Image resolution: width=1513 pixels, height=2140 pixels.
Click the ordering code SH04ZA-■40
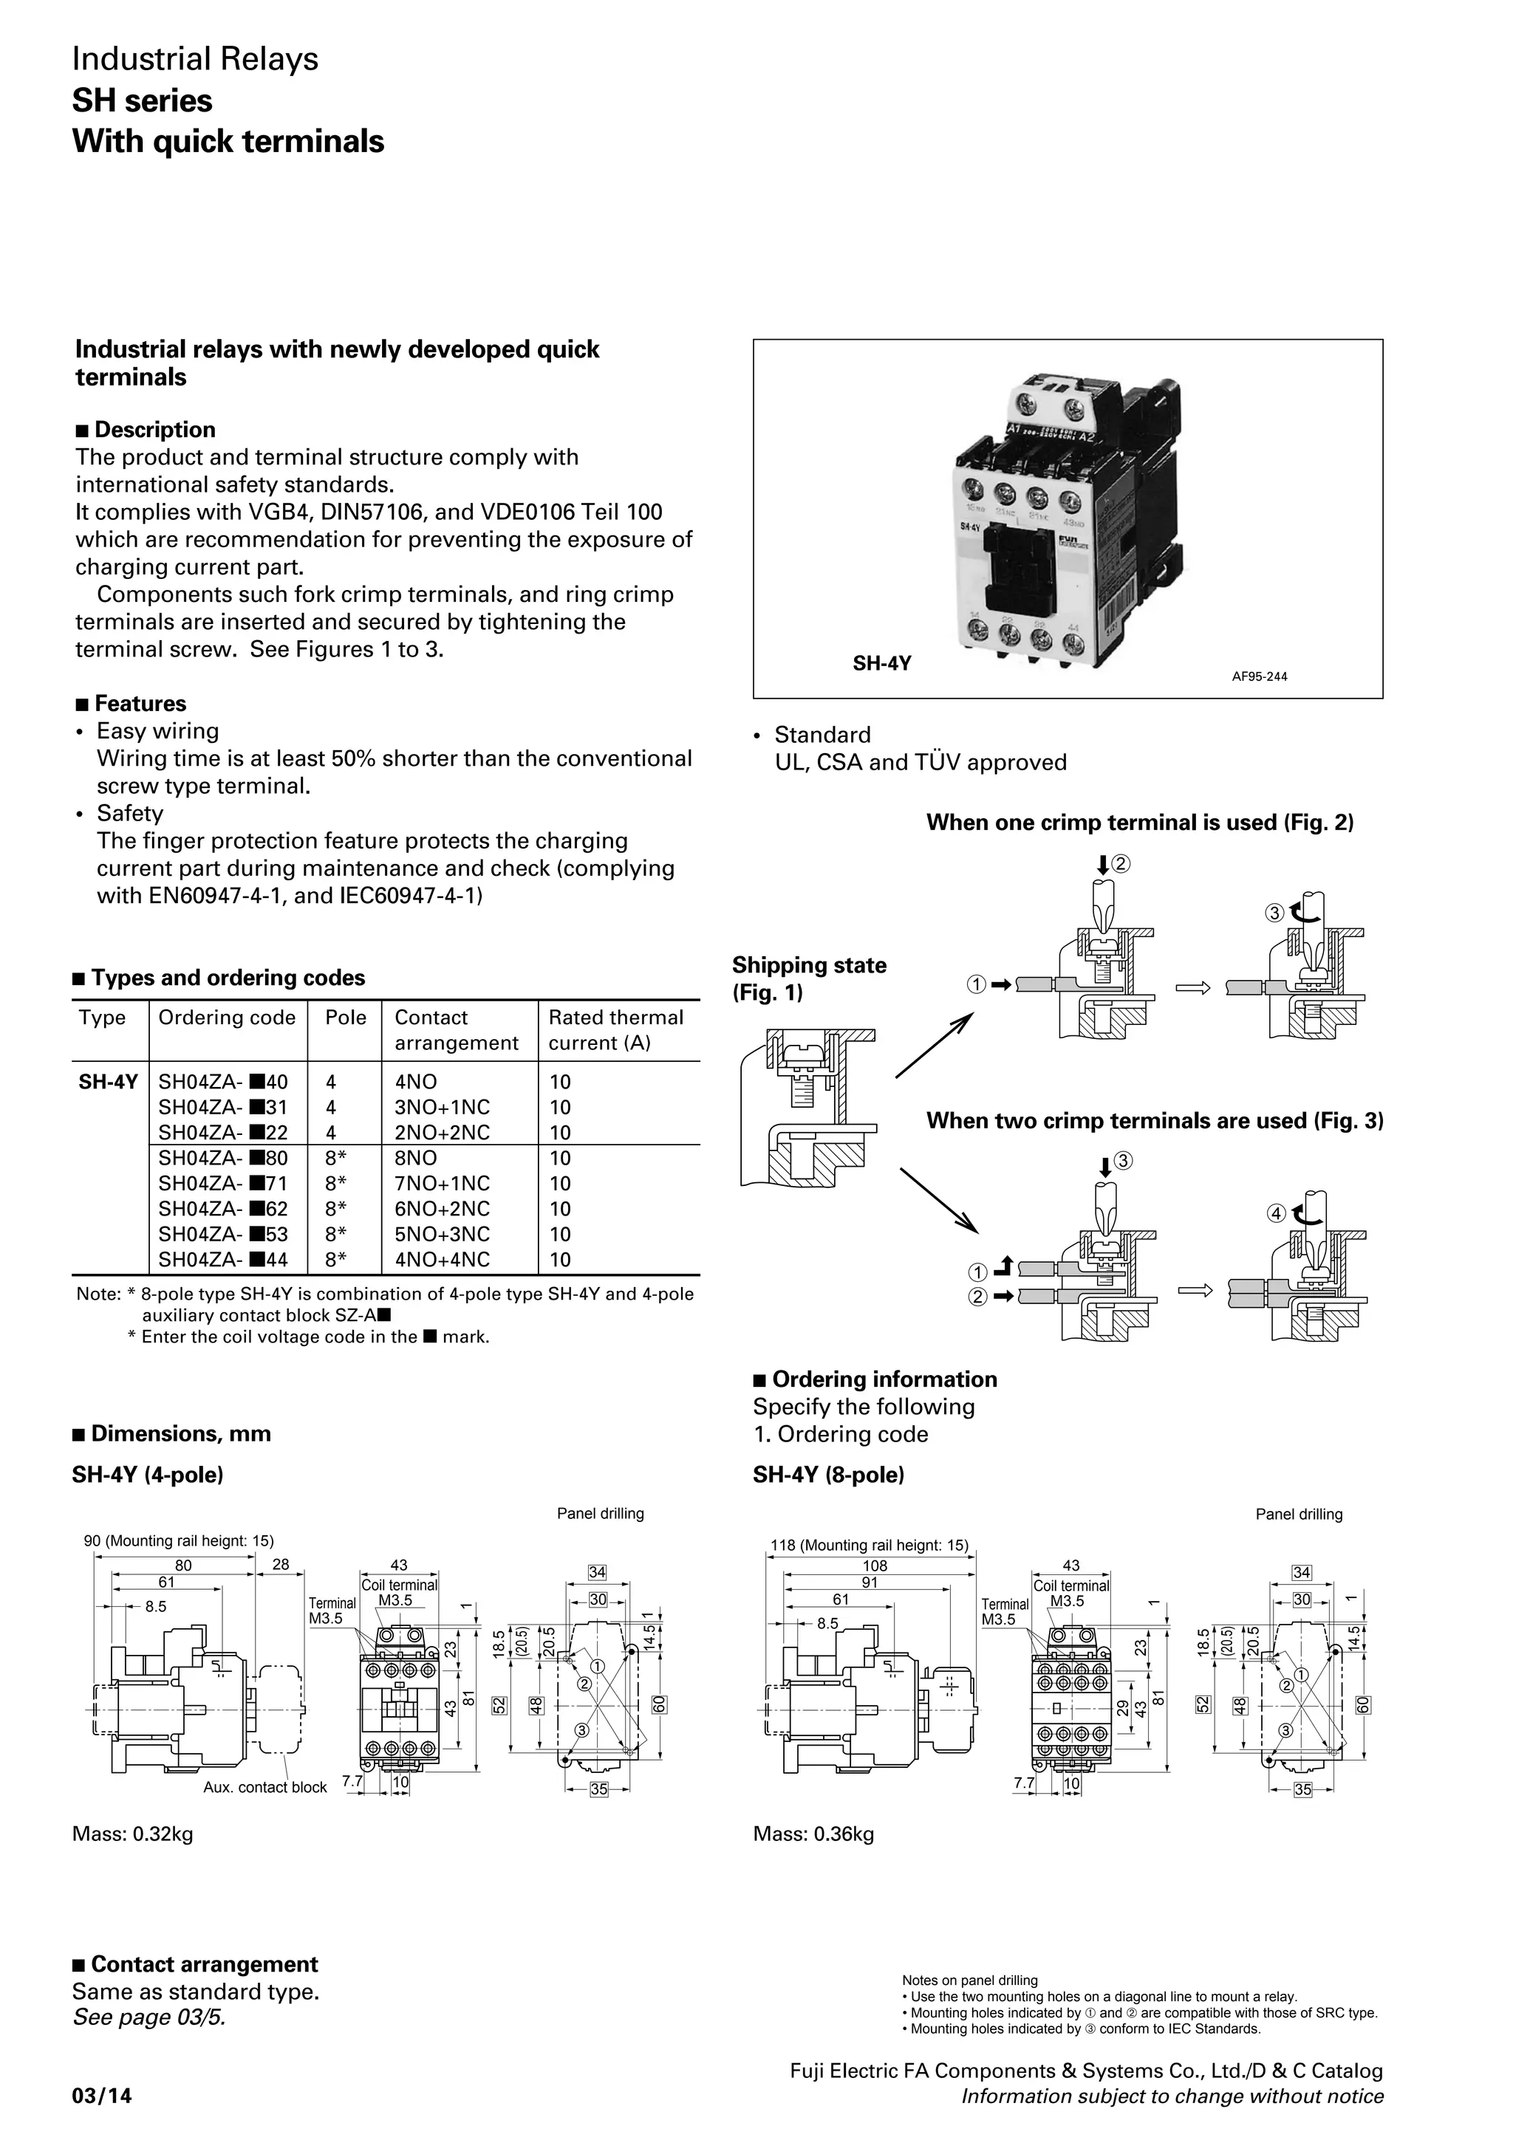(223, 1082)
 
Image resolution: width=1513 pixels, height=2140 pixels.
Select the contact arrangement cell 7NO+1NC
(441, 1184)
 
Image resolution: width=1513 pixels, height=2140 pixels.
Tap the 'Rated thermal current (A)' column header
(615, 1030)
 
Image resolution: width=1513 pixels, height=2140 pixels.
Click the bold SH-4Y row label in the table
(108, 1082)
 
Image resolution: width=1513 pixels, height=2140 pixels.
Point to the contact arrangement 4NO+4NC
(441, 1259)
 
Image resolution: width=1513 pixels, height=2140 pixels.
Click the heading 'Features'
(140, 704)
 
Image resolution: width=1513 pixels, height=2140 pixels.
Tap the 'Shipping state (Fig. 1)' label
(808, 978)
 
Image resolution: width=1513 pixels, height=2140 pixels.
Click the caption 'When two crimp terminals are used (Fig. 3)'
(1154, 1120)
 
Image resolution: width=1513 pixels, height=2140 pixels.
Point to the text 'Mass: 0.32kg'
(132, 1834)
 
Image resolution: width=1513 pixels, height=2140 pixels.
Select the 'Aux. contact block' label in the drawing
(264, 1787)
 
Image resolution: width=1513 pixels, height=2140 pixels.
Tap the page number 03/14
(102, 2096)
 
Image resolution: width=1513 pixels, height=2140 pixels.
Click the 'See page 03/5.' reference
(149, 2018)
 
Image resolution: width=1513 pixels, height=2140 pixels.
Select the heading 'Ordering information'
(884, 1379)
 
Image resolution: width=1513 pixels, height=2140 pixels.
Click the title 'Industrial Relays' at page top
(195, 60)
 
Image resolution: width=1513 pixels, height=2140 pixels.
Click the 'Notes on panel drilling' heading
(969, 1980)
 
